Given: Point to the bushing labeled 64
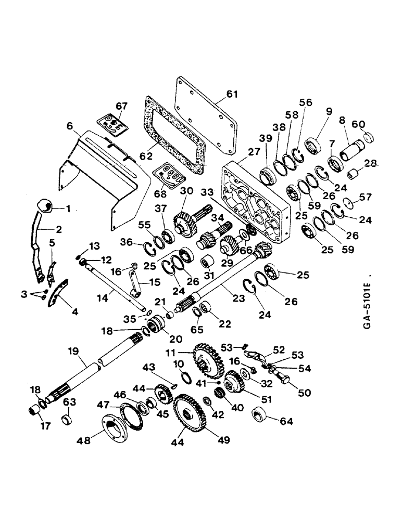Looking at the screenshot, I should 259,415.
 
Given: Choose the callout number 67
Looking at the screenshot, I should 121,106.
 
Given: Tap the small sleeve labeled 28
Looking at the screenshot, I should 353,172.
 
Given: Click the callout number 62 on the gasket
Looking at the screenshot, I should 144,154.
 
